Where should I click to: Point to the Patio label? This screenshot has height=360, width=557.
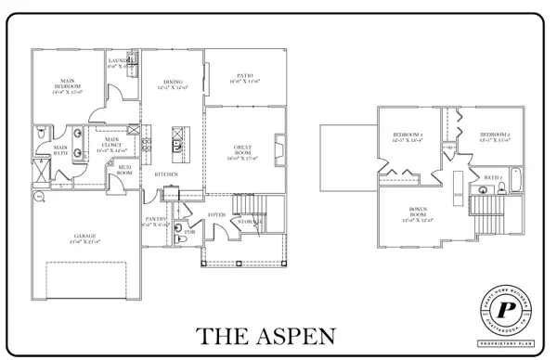243,78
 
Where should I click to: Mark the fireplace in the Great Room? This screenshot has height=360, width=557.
278,148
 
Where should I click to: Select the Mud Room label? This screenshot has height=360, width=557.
123,170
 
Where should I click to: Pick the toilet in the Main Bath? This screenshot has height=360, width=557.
40,135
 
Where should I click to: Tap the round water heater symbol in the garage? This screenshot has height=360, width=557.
38,197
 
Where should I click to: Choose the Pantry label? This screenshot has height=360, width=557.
155,221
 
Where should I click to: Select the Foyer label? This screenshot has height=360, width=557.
216,214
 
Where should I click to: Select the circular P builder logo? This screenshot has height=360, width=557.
506,309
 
